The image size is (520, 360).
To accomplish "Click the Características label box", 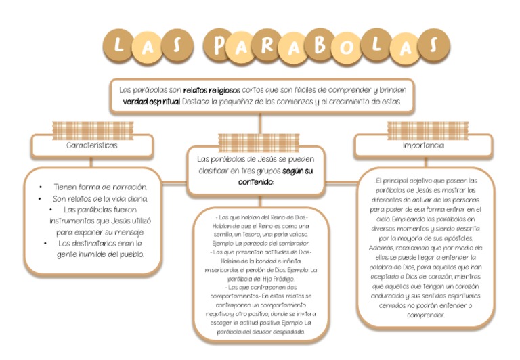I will [x=92, y=145].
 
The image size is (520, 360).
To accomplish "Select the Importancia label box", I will [x=423, y=145].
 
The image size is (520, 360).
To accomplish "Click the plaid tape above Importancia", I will [x=428, y=129].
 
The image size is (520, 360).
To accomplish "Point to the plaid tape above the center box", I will [x=259, y=141].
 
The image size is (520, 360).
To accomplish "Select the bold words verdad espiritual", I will [x=152, y=102].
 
